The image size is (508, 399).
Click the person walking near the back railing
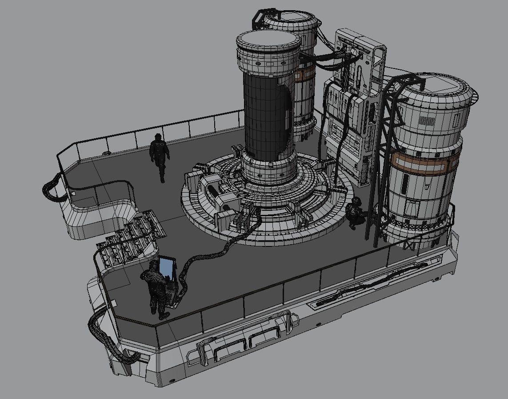[x=160, y=156]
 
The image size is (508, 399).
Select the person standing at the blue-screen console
[x=156, y=289]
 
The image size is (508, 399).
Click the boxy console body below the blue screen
[x=171, y=294]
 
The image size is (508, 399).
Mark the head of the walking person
[x=158, y=137]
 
